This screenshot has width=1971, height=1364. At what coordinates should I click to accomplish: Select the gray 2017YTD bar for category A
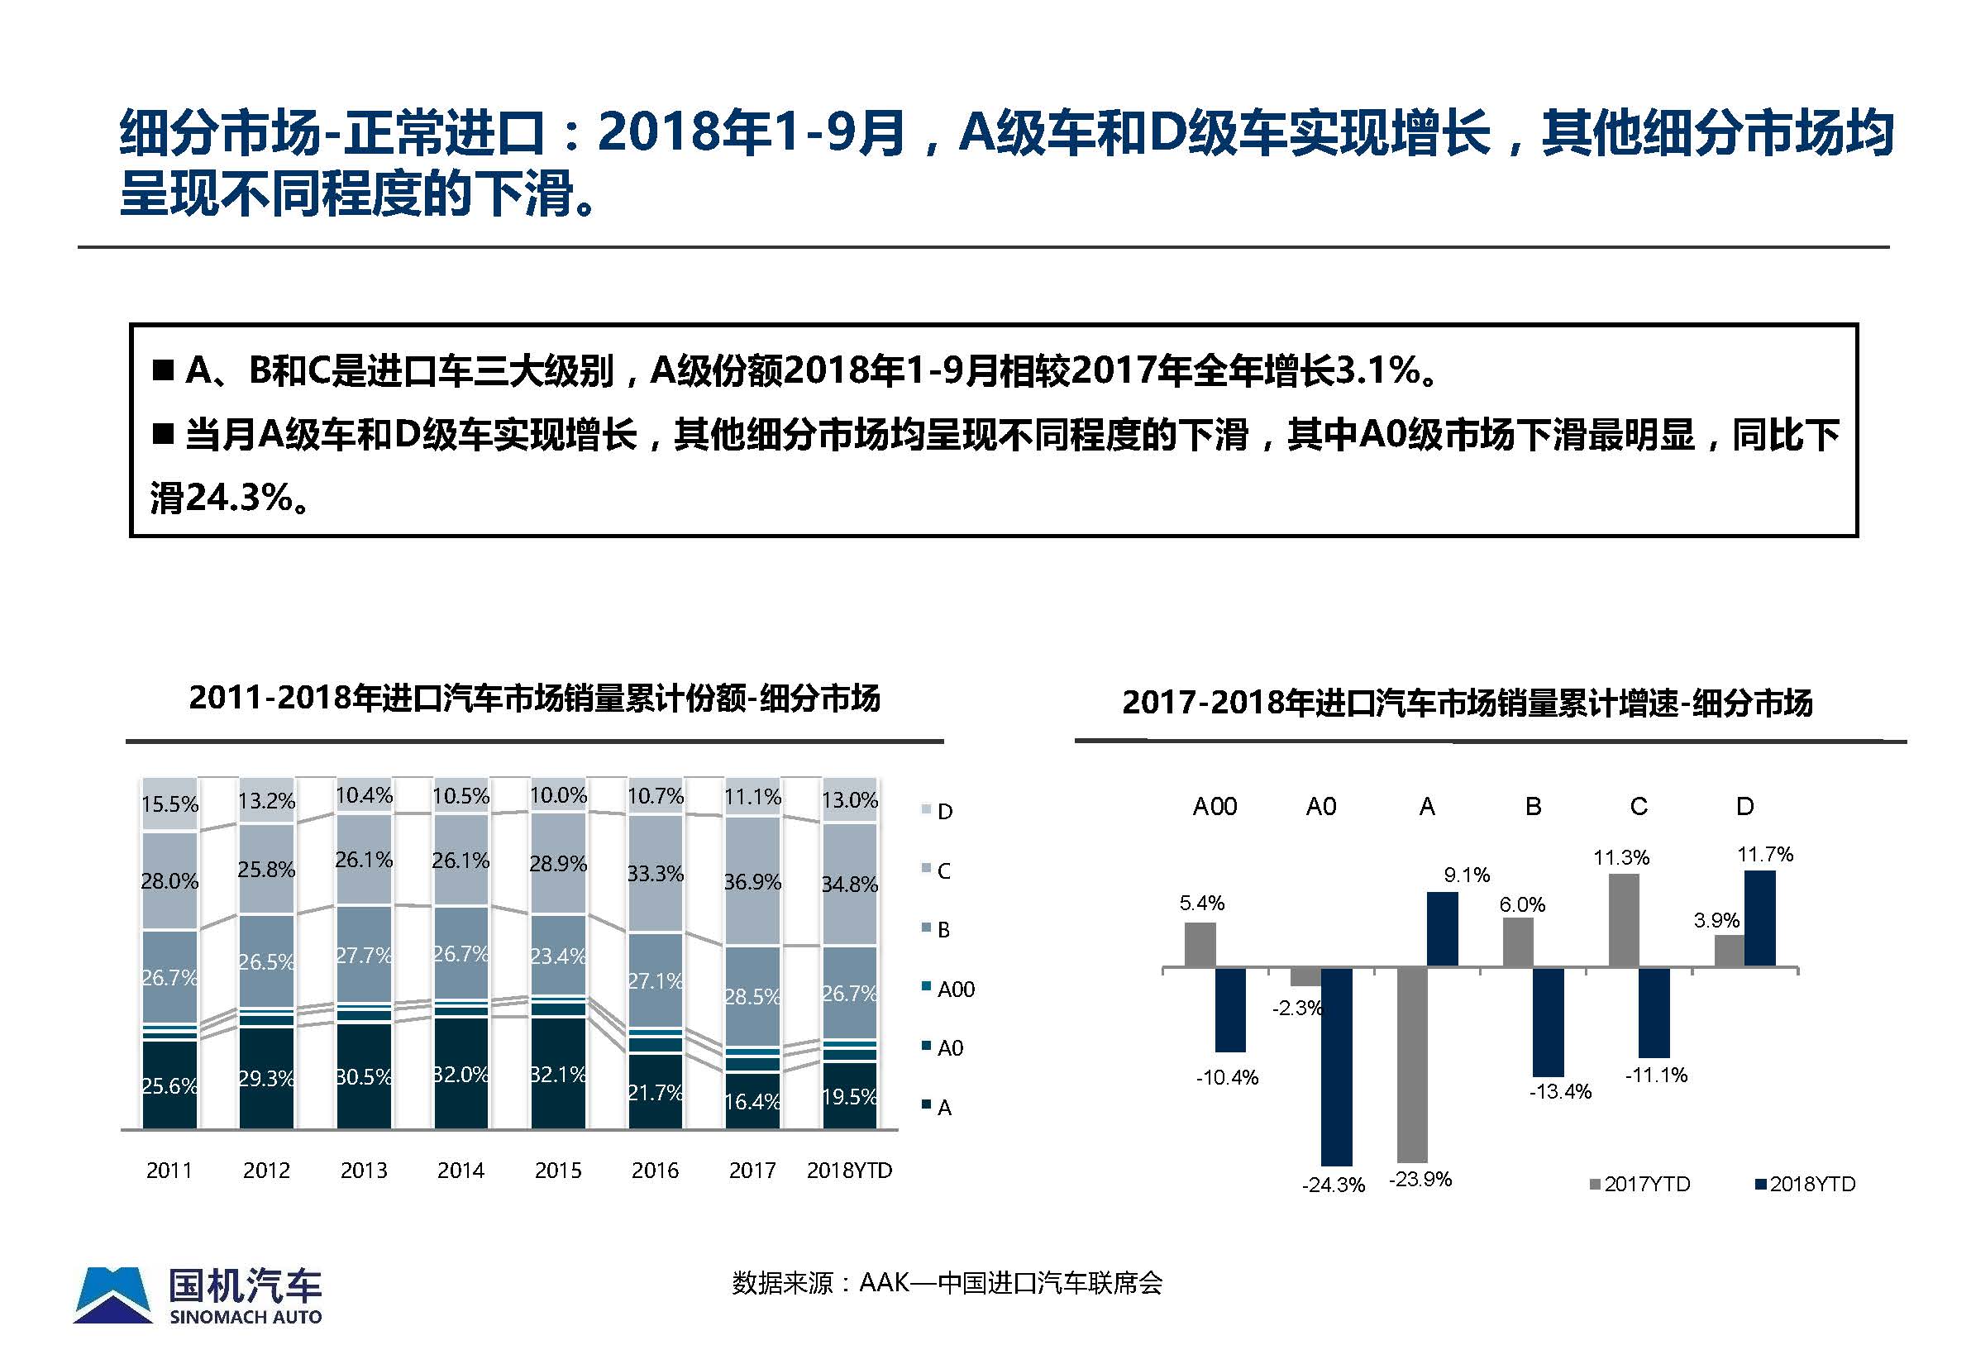(1411, 1065)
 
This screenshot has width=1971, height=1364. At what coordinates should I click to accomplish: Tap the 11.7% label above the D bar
(1764, 855)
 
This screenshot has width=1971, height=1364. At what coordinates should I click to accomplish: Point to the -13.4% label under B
(1560, 1091)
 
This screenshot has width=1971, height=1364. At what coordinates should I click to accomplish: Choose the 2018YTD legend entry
(1805, 1184)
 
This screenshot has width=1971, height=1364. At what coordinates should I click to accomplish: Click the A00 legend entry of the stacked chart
(955, 989)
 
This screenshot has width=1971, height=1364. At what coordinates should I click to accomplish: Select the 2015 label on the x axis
(557, 1170)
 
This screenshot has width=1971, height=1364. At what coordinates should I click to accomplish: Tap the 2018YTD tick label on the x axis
(849, 1170)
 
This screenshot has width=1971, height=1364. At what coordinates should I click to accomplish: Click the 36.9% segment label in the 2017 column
(752, 881)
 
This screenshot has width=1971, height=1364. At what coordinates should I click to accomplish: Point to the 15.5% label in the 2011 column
(169, 804)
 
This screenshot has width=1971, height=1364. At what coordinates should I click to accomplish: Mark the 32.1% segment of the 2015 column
(557, 1073)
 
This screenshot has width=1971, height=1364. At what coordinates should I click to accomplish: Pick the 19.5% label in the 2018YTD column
(849, 1096)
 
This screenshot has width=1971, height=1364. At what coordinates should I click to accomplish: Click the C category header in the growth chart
(1638, 807)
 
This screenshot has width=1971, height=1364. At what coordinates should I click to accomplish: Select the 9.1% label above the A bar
(1467, 875)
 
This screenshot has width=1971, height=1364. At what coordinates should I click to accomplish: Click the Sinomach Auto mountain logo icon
(112, 1295)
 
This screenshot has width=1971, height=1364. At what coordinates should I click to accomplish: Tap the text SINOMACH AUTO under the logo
(246, 1317)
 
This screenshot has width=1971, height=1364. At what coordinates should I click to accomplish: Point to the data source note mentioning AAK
(946, 1283)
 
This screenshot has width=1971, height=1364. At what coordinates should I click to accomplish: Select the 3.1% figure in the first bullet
(1373, 370)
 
